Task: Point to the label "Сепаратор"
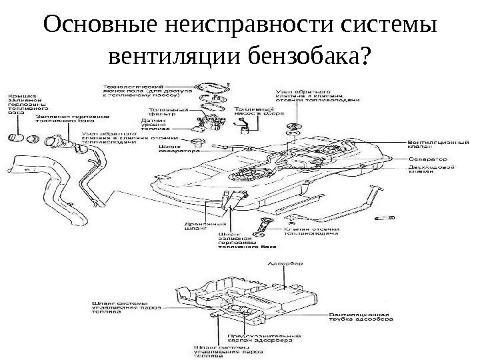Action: pos(427,159)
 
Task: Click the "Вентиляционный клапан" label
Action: pos(432,145)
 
